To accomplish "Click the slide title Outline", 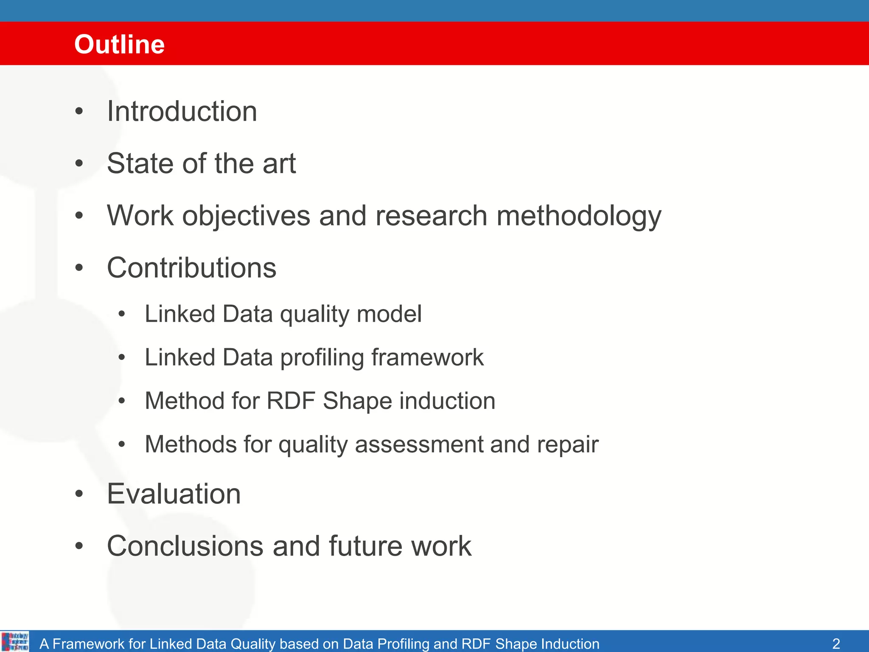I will coord(119,44).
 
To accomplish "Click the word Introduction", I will coord(182,111).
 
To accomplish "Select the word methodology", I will coord(579,216).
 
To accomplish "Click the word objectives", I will coord(246,216).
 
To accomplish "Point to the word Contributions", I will coord(191,268).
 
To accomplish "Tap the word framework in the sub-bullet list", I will coord(427,357).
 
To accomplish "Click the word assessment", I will coord(418,444).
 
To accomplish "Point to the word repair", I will coord(567,445).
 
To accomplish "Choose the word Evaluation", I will coord(174,494).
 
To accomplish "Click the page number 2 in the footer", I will coord(836,644).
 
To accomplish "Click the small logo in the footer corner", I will coord(15,641).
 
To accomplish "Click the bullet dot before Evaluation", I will coord(79,494).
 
